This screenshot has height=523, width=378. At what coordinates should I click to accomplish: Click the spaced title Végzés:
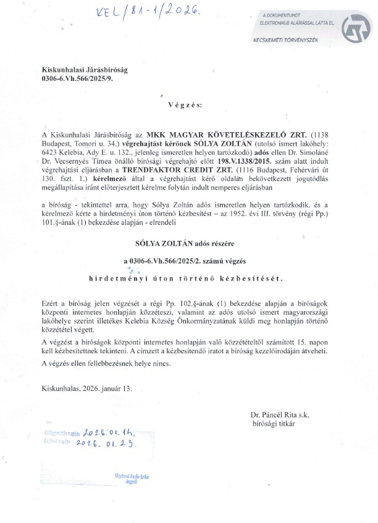[189, 105]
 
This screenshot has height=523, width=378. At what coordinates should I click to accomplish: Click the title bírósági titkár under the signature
[274, 424]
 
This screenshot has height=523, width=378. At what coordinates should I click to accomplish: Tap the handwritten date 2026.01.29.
[107, 443]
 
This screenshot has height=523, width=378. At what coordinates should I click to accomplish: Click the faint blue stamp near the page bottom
[132, 479]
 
